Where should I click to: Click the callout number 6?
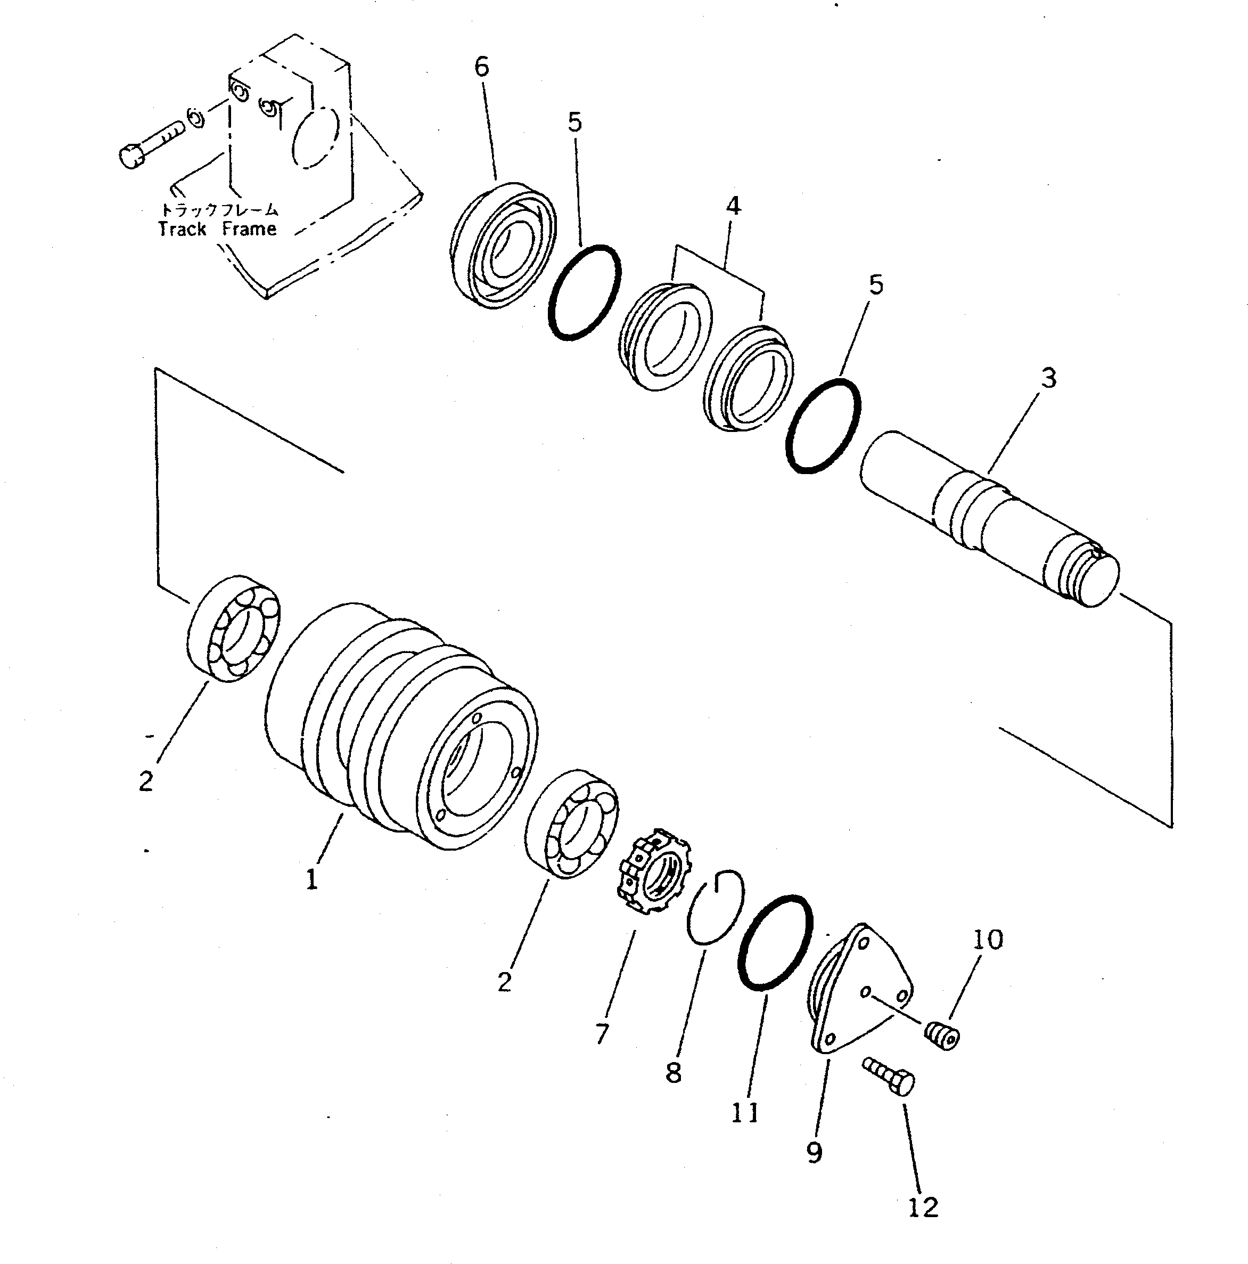481,67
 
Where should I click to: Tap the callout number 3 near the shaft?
1048,378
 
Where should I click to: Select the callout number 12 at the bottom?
923,1207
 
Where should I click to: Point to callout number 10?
988,940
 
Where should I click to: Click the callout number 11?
745,1112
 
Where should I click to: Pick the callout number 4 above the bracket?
733,206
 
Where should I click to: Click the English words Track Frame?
217,229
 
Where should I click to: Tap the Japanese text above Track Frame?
220,210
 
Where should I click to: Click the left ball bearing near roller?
234,630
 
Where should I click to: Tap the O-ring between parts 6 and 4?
584,292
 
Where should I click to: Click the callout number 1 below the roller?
313,879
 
